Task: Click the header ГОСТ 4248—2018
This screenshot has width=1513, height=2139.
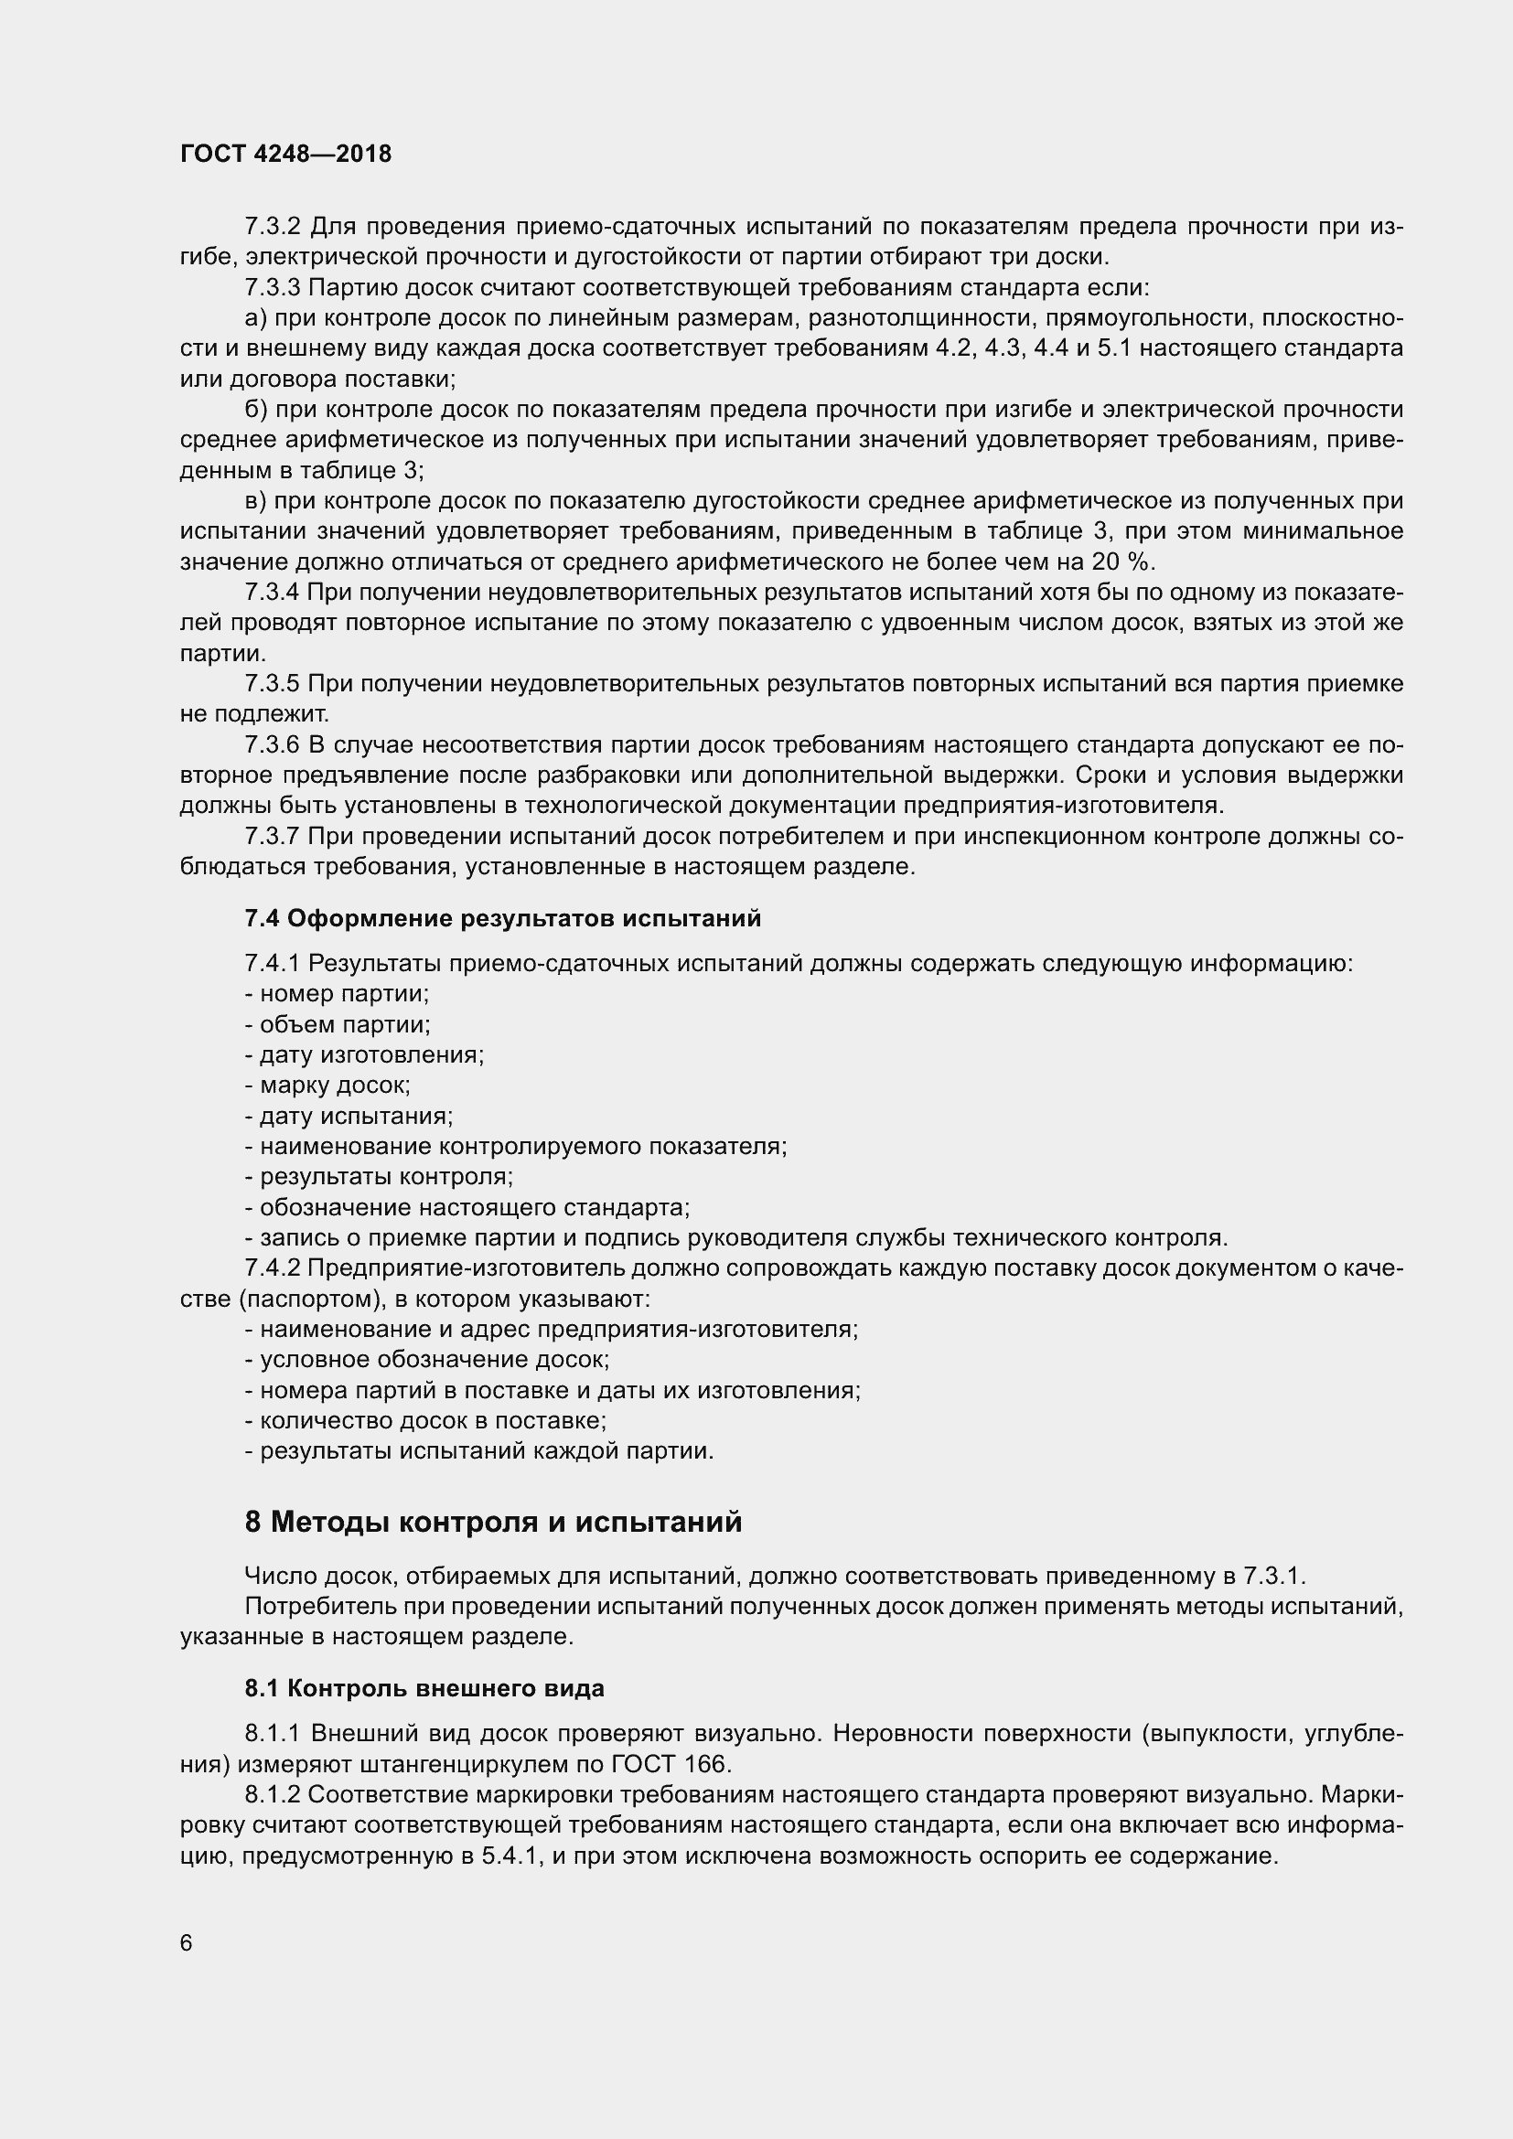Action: click(x=285, y=154)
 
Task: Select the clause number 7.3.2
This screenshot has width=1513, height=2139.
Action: click(x=272, y=227)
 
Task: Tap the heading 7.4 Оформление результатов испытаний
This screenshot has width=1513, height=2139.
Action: click(x=502, y=918)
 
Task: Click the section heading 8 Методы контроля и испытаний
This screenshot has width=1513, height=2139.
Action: click(x=493, y=1523)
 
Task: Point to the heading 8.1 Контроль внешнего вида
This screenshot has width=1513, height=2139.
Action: click(x=424, y=1688)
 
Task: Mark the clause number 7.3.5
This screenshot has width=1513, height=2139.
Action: click(x=272, y=684)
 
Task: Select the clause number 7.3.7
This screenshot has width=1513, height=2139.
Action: click(x=272, y=837)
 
